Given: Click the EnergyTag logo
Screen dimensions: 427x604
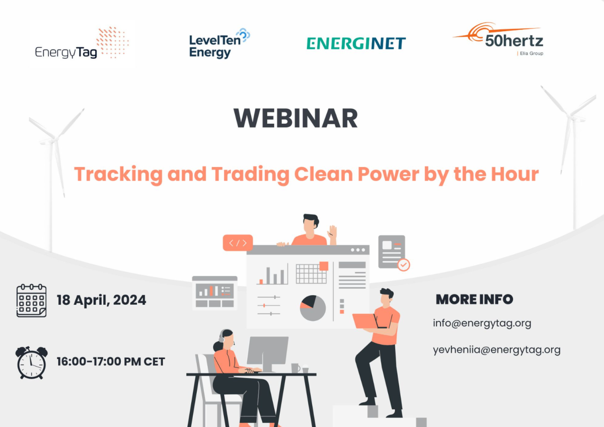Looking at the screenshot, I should (x=82, y=44).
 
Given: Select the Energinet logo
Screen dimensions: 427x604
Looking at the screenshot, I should (x=356, y=43).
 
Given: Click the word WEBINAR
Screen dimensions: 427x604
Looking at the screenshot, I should (x=295, y=118).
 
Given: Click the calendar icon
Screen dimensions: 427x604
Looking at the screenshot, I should (x=31, y=300).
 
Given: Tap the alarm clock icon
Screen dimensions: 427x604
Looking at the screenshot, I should (x=31, y=362).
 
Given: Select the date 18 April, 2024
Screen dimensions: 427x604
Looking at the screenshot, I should (x=101, y=301).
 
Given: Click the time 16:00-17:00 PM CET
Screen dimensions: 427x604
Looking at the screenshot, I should (x=111, y=362).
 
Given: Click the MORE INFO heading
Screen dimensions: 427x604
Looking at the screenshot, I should (x=474, y=299).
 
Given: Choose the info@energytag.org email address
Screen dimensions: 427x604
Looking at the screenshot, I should (x=482, y=323).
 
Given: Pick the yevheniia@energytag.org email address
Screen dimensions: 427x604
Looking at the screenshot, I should (x=496, y=350).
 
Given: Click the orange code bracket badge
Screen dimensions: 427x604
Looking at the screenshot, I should (x=238, y=243).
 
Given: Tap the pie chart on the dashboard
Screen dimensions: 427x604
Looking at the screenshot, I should (x=313, y=308).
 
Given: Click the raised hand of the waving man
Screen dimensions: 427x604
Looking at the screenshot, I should (x=332, y=233).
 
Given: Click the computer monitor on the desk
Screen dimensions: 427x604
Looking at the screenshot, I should (x=267, y=352).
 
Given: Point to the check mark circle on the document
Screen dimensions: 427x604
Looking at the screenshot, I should (x=403, y=265).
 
